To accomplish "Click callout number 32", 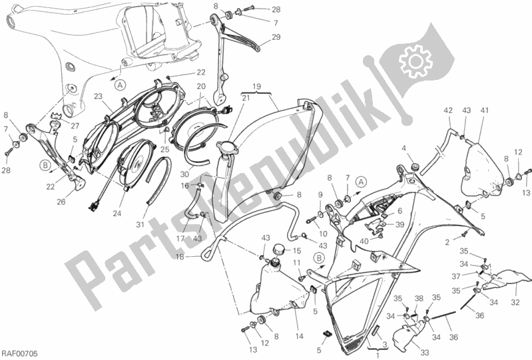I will click(x=515, y=302).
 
